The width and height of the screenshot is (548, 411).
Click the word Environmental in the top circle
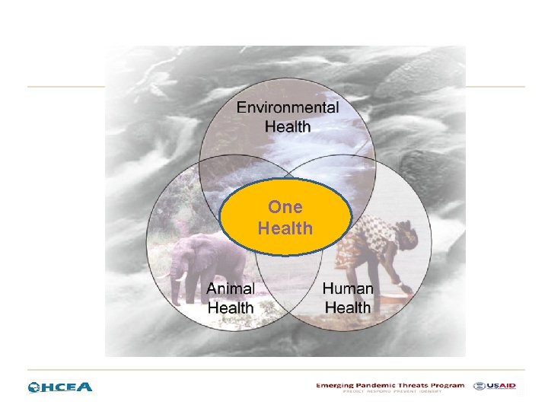tap(288, 107)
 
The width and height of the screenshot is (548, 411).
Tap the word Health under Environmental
tap(288, 126)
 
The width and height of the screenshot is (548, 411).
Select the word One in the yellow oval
tap(285, 207)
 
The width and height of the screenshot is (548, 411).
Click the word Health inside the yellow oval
tap(285, 228)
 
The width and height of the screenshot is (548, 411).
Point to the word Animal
tap(231, 289)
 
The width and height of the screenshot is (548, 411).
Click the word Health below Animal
tap(231, 307)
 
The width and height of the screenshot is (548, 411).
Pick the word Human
tap(348, 289)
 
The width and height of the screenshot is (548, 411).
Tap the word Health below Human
tap(348, 307)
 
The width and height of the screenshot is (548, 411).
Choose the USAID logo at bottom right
tap(494, 386)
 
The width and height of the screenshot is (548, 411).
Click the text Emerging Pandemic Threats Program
tap(390, 385)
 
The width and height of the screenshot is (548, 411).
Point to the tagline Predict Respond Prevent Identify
tap(390, 392)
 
